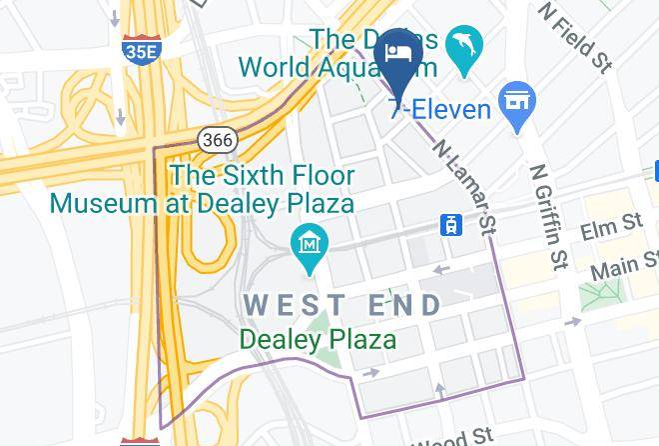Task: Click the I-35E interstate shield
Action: pos(140,50)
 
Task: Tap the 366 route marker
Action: pos(217,140)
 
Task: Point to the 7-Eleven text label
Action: pos(440,109)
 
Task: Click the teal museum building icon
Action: pos(311,243)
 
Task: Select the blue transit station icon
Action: pos(451,225)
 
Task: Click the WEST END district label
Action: pos(343,305)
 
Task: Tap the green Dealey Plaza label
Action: pos(318,340)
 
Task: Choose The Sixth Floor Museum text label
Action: pos(203,190)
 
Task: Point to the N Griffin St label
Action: pos(545,218)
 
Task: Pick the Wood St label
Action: pos(453,437)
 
